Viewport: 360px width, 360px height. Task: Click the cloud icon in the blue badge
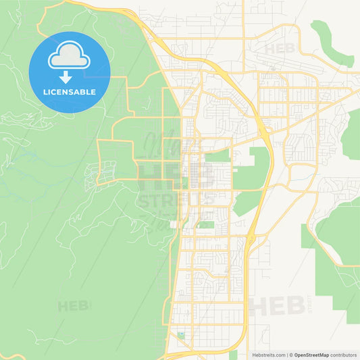[x=70, y=57]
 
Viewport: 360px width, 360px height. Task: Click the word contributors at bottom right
[x=344, y=354]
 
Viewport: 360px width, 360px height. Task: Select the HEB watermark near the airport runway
[x=280, y=49]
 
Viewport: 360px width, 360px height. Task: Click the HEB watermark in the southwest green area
[x=73, y=306]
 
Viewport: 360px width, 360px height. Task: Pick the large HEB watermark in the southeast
[x=277, y=306]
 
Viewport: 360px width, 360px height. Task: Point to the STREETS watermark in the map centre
[x=177, y=199]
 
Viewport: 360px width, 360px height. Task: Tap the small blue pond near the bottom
[x=181, y=335]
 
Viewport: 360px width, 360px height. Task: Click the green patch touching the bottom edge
[x=233, y=355]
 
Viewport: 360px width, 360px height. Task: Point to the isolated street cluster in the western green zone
[x=94, y=161]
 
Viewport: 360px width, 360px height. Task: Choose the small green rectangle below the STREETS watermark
[x=206, y=224]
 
